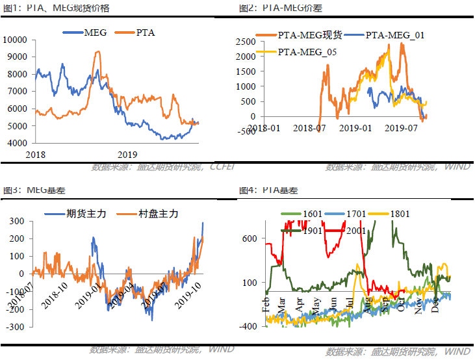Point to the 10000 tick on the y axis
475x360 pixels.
pos(14,39)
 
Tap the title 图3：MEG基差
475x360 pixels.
pos(34,190)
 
